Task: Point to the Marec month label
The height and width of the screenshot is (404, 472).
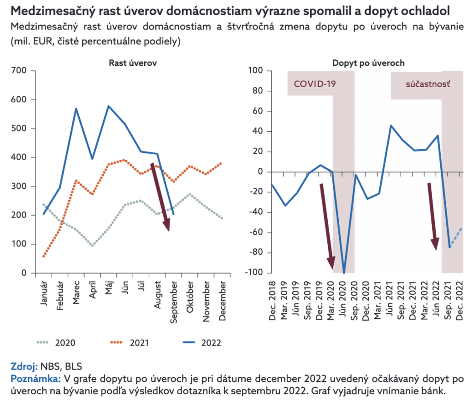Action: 76,293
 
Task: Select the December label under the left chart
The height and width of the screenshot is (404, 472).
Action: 223,297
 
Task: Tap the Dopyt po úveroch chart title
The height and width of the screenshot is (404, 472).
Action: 368,63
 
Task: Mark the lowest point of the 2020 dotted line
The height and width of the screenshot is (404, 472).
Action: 92,246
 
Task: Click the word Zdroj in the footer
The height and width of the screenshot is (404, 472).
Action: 23,367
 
